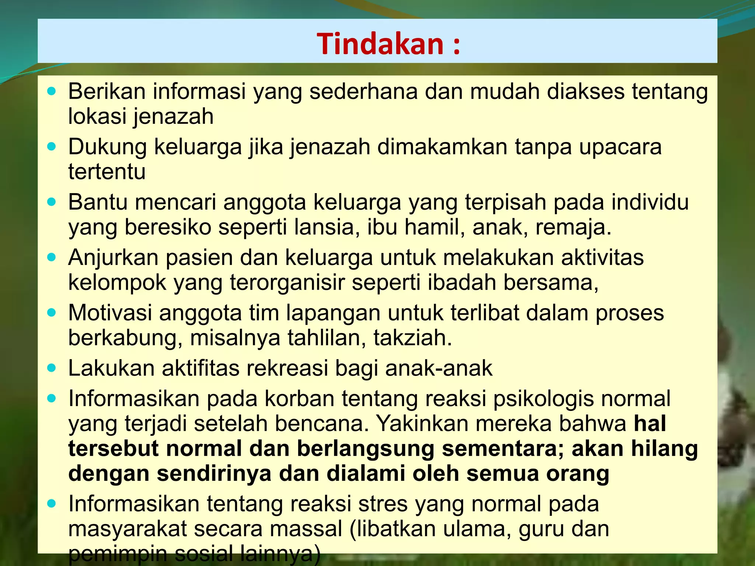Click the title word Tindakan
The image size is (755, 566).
pyautogui.click(x=380, y=44)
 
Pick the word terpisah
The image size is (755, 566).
pyautogui.click(x=505, y=202)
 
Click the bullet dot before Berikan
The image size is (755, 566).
pyautogui.click(x=52, y=91)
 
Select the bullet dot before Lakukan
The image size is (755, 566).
pyautogui.click(x=52, y=368)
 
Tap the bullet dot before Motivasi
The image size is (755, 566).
pyautogui.click(x=52, y=313)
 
